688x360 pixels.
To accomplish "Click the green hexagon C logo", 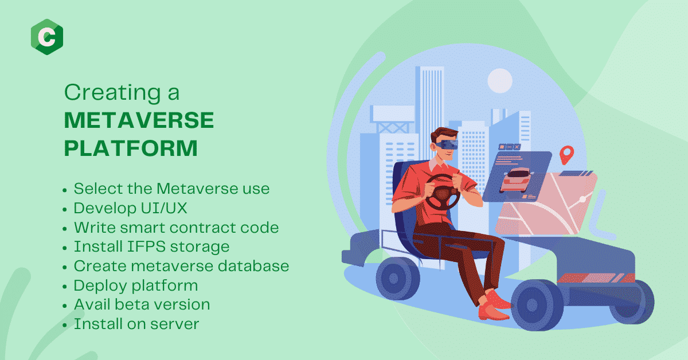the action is pyautogui.click(x=47, y=37).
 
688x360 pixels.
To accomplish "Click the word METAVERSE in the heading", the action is pyautogui.click(x=139, y=120).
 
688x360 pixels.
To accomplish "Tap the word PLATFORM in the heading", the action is pyautogui.click(x=131, y=148).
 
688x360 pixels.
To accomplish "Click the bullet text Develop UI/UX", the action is pyautogui.click(x=130, y=208).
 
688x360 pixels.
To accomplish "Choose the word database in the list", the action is pyautogui.click(x=253, y=265).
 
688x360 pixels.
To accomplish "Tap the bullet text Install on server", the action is pyautogui.click(x=136, y=324).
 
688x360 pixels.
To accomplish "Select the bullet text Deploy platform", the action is pyautogui.click(x=136, y=285).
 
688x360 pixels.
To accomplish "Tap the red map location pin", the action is pyautogui.click(x=566, y=155).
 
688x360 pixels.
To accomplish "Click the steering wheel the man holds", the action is pyautogui.click(x=442, y=192).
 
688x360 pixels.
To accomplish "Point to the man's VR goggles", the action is pyautogui.click(x=447, y=144).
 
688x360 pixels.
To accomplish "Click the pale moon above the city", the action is pyautogui.click(x=500, y=81).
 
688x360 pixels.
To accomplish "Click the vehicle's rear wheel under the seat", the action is pyautogui.click(x=398, y=278).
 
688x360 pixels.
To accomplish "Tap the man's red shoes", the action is pyautogui.click(x=494, y=306).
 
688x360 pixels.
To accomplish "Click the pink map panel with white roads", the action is pyautogui.click(x=546, y=204).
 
